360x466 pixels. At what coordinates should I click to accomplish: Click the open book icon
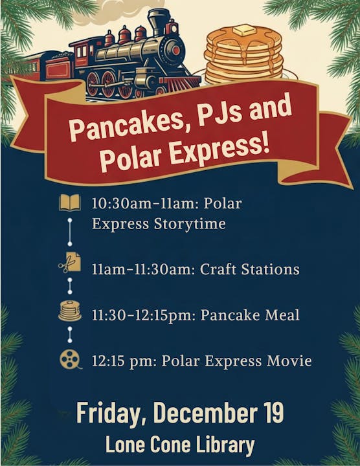70,204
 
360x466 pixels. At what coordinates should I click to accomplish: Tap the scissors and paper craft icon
70,263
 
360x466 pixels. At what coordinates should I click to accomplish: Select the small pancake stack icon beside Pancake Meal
70,311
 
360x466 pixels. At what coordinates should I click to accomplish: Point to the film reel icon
71,359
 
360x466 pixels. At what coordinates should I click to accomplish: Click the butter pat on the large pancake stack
244,30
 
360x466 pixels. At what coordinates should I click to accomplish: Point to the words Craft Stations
251,269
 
